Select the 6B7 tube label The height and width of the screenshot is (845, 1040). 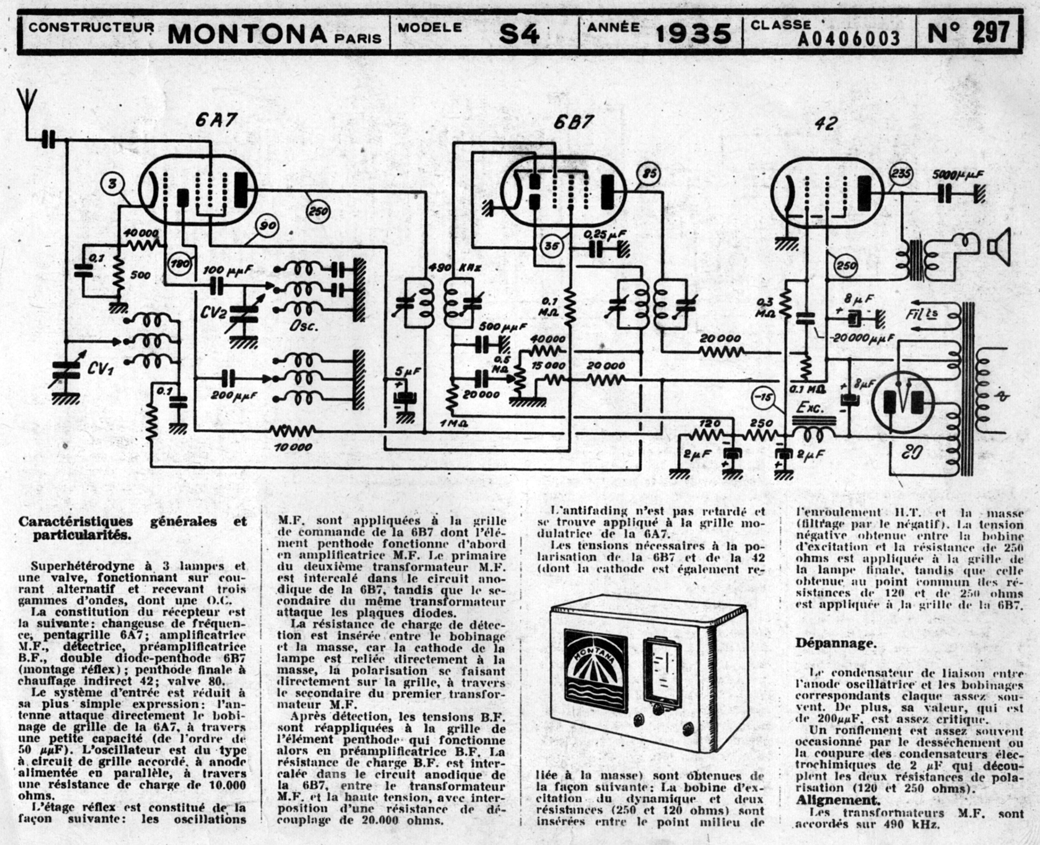[x=573, y=122]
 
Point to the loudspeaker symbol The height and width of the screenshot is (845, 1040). [x=998, y=245]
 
